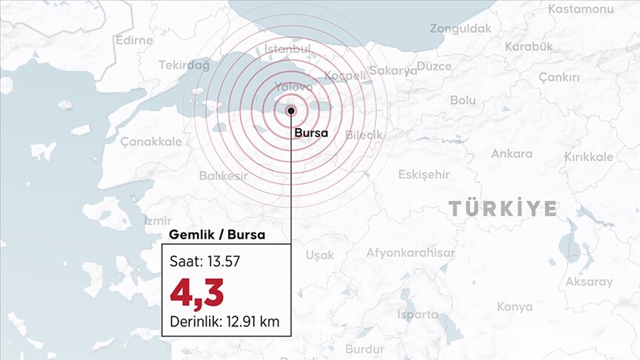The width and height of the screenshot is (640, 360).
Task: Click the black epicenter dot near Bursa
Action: [x=291, y=111]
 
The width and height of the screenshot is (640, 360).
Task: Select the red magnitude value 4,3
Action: [x=197, y=293]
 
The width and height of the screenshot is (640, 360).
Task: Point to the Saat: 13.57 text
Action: [x=204, y=261]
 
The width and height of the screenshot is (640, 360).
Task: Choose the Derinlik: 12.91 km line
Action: [x=225, y=323]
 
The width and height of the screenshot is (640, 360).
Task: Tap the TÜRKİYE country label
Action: [x=503, y=209]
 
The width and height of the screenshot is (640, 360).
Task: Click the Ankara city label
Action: [x=511, y=154]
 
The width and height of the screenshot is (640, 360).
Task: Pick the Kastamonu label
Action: [x=581, y=9]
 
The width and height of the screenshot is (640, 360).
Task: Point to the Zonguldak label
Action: [x=460, y=29]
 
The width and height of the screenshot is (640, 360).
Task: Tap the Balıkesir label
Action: [x=223, y=176]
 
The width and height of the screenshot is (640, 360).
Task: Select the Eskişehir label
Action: [x=424, y=174]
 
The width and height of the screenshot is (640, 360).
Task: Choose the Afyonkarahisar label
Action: [x=410, y=253]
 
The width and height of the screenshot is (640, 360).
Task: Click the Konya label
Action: [x=514, y=307]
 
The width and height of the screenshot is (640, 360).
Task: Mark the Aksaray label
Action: [x=589, y=281]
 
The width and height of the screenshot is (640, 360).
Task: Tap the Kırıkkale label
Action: [x=588, y=157]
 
